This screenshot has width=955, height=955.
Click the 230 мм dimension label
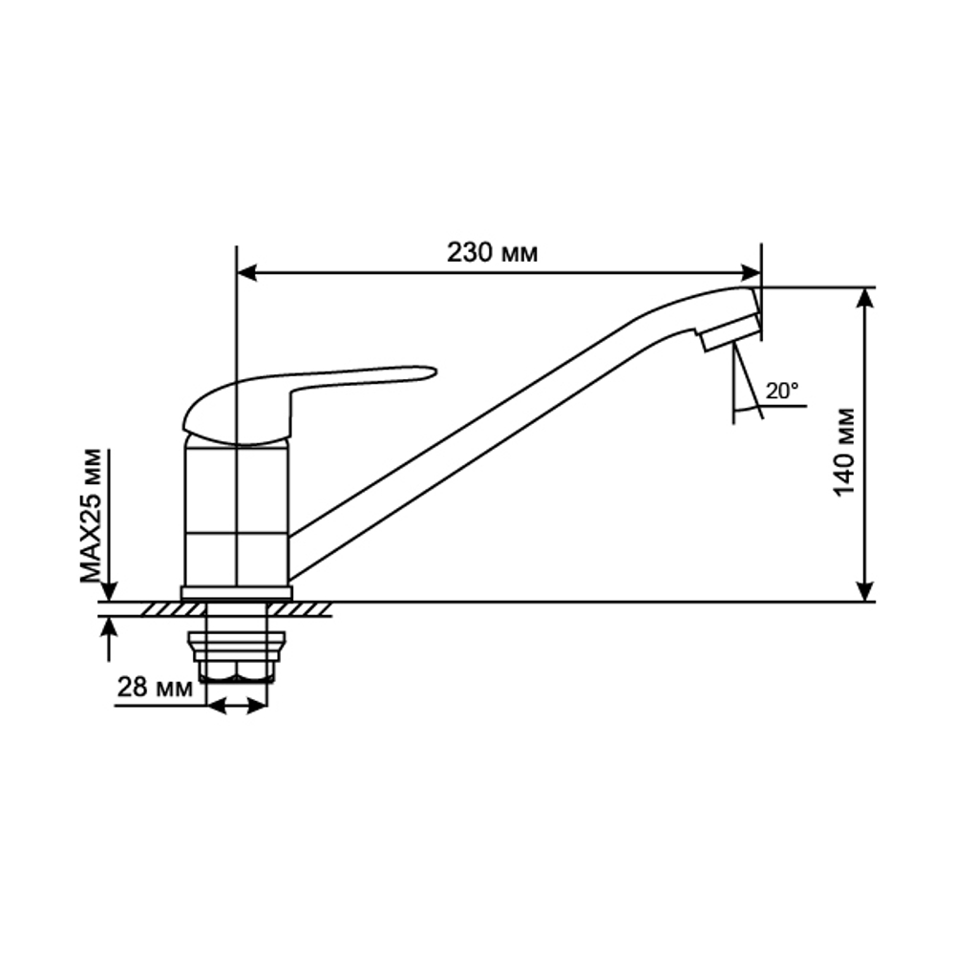point(492,253)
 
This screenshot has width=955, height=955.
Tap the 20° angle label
point(781,390)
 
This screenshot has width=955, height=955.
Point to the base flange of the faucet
point(236,593)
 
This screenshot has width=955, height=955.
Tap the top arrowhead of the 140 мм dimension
point(865,297)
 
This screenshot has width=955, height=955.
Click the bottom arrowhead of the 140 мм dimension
point(865,591)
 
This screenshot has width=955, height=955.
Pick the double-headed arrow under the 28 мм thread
point(237,707)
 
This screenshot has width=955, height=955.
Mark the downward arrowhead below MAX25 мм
point(110,592)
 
